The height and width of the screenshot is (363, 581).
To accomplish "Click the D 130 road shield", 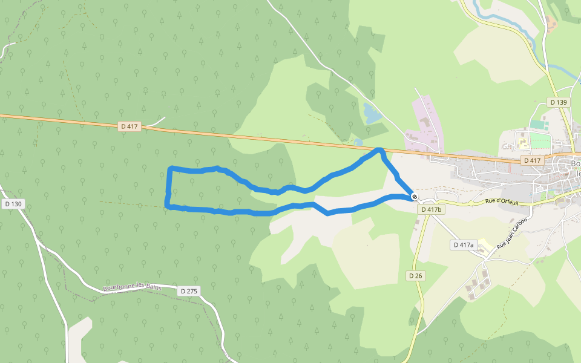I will [x=13, y=204].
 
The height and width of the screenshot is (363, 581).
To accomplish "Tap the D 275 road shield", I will [x=189, y=291].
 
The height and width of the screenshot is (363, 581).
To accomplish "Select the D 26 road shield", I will [x=415, y=275].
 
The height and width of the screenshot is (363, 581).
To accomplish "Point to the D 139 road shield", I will [x=559, y=102].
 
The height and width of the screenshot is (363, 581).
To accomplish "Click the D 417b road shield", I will [x=431, y=209].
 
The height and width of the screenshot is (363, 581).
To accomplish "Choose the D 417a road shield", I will [x=464, y=244].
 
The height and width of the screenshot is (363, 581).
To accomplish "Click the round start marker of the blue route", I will [x=414, y=197].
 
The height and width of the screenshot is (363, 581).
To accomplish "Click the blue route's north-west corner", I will [x=172, y=168].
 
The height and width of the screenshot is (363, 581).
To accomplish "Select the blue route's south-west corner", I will [x=168, y=207].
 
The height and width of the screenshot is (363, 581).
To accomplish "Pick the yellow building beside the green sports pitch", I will [x=521, y=142].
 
